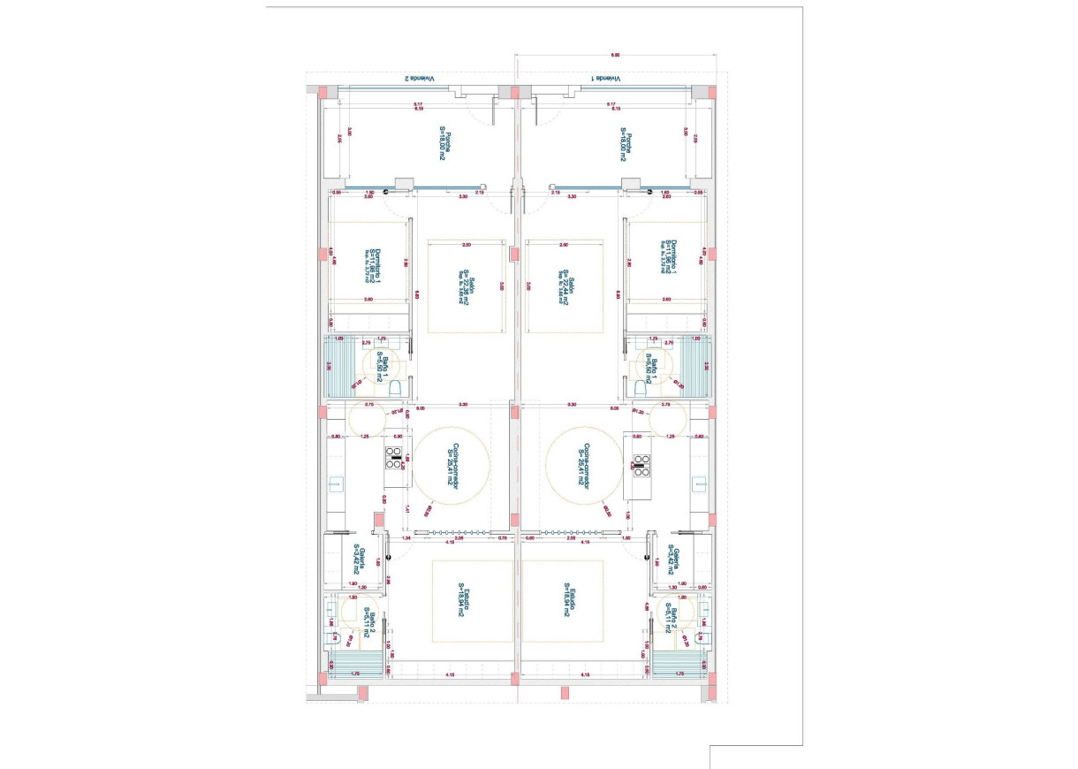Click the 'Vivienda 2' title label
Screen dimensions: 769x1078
pyautogui.click(x=420, y=79)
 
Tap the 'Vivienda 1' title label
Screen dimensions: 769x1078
pyautogui.click(x=607, y=79)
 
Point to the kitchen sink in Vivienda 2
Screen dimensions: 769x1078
pyautogui.click(x=335, y=483)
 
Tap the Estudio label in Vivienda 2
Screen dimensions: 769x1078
pyautogui.click(x=464, y=599)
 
